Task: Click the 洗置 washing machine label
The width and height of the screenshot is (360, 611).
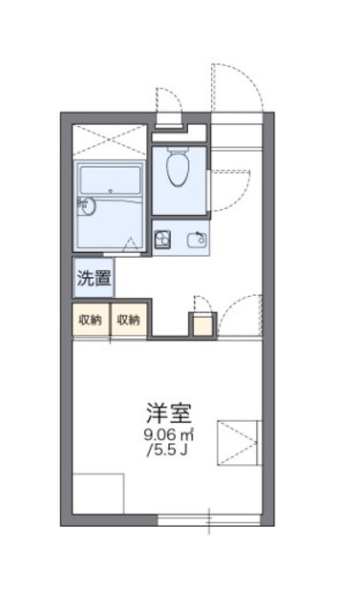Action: click(94, 281)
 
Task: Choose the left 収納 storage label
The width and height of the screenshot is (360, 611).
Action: click(90, 321)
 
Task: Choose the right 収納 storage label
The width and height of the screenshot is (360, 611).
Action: click(128, 321)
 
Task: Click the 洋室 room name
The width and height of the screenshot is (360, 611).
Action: click(168, 413)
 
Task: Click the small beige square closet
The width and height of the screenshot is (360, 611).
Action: click(203, 324)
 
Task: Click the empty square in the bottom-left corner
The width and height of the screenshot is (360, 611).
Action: click(98, 495)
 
